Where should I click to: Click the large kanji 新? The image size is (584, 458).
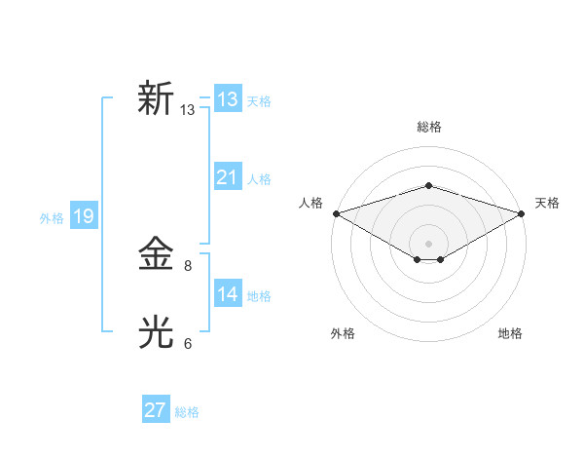click(156, 98)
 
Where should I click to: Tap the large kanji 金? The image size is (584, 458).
click(156, 254)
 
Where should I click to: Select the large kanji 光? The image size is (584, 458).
click(156, 333)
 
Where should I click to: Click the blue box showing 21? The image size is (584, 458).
click(227, 177)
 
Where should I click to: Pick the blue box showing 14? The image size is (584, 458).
click(227, 294)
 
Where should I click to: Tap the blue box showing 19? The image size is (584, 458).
click(83, 216)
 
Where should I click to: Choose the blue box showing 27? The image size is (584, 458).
click(155, 410)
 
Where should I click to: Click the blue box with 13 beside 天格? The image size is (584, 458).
click(227, 99)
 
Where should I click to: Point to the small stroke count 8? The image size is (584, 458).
click(188, 265)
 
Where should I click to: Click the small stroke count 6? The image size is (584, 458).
click(188, 343)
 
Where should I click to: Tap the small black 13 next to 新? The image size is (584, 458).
click(187, 110)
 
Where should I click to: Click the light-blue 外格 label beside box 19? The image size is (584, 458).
click(52, 218)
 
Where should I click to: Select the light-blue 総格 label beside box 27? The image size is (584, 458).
click(187, 412)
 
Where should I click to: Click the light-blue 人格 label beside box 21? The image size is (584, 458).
click(259, 179)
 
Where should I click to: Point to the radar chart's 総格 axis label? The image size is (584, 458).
click(428, 127)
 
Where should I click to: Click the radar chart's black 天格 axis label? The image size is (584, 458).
click(547, 203)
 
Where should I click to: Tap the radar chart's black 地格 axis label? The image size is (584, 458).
click(510, 334)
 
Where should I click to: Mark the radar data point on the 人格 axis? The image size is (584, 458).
click(336, 212)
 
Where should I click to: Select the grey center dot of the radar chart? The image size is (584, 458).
click(428, 243)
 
